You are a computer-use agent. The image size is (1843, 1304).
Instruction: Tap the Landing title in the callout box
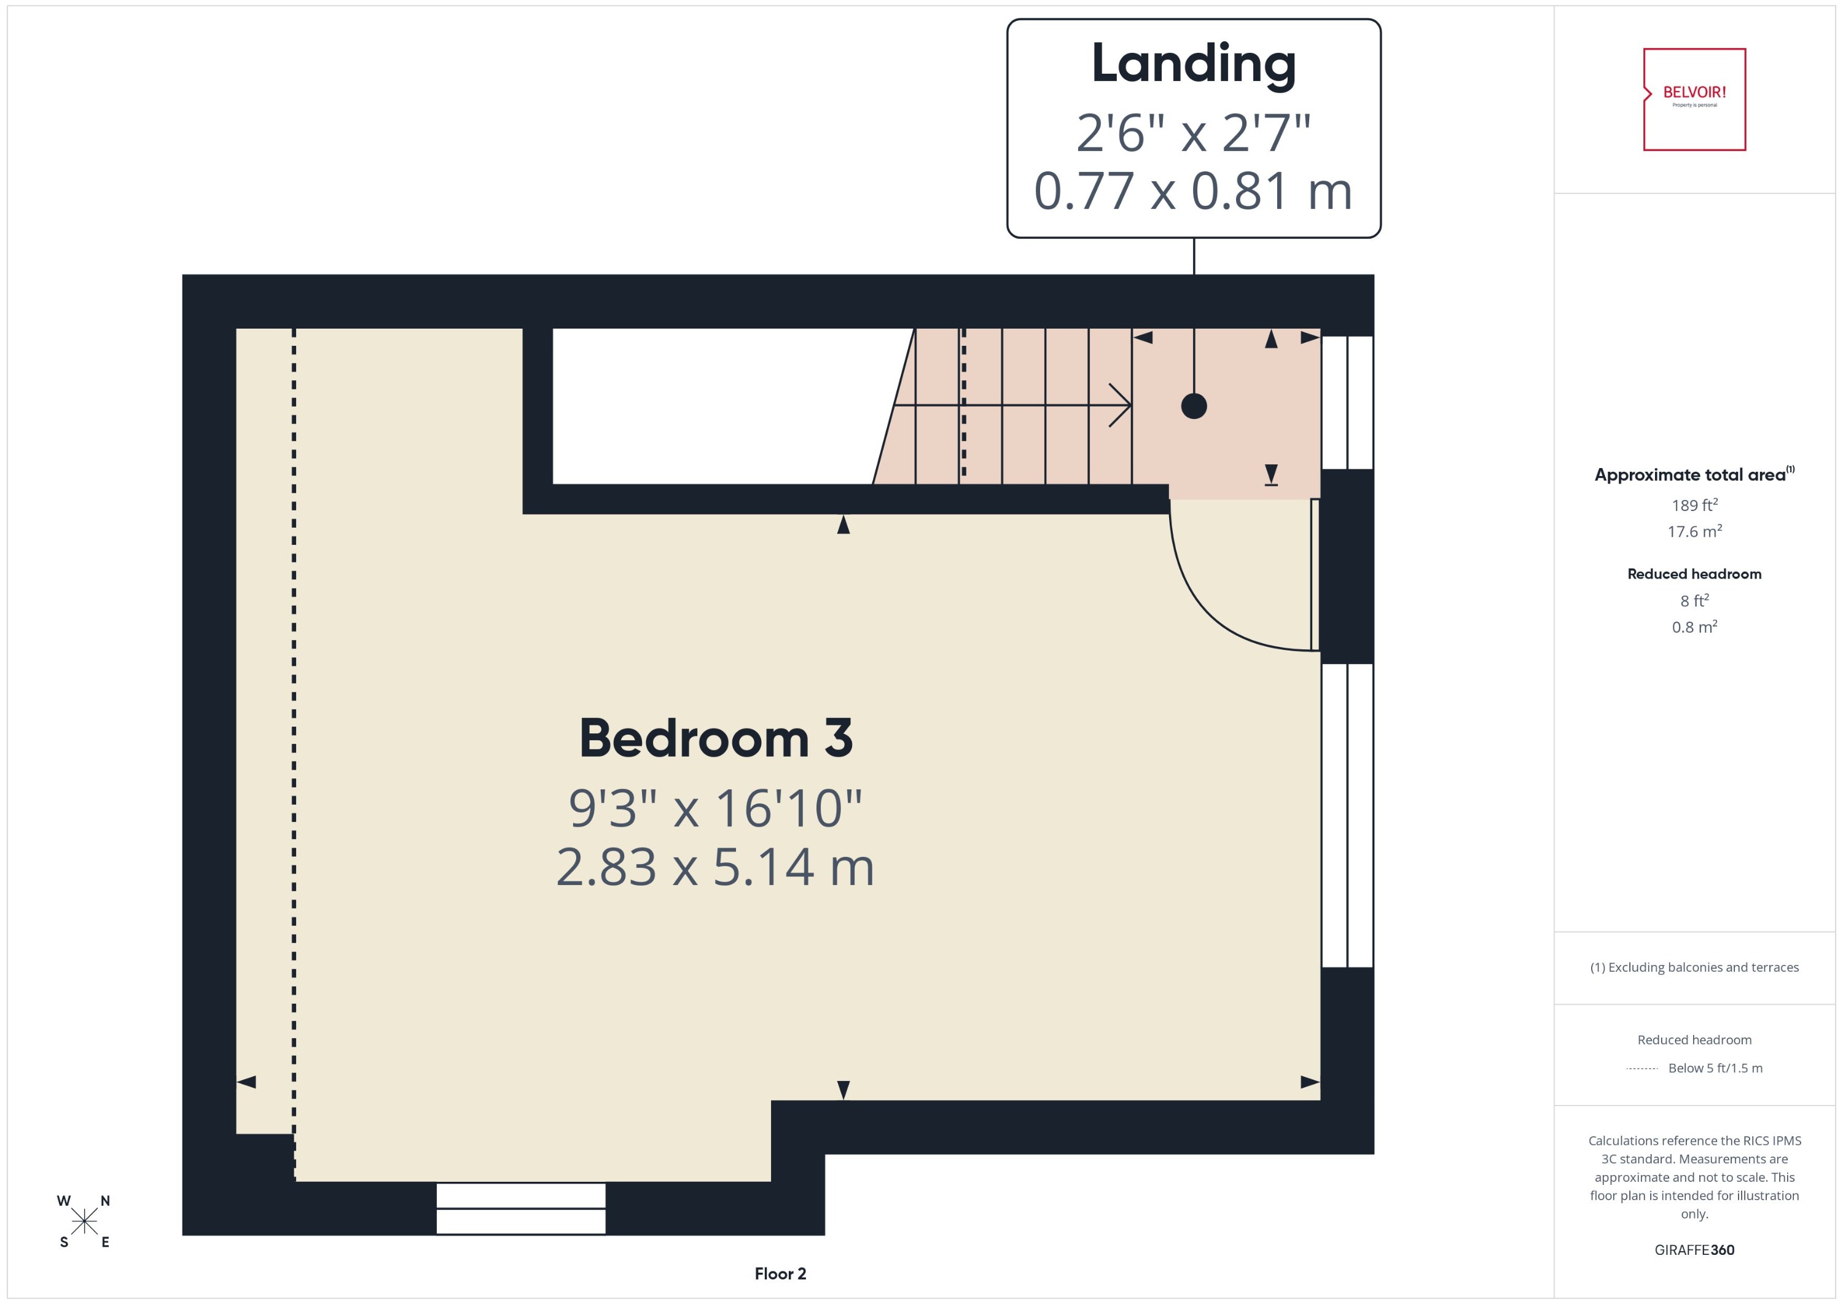coord(1192,64)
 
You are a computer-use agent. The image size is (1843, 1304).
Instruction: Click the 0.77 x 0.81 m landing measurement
coord(1192,191)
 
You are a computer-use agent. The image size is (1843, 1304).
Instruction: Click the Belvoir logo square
coord(1694,99)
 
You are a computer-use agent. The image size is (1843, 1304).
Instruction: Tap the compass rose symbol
coord(84,1221)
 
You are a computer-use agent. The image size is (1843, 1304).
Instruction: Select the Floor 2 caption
coord(780,1273)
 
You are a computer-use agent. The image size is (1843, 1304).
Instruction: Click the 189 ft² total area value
coord(1694,505)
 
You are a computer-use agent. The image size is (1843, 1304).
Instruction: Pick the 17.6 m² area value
coord(1694,531)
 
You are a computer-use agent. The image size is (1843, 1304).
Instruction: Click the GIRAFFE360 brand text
coord(1694,1249)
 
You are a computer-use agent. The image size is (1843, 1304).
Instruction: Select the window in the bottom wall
coord(520,1208)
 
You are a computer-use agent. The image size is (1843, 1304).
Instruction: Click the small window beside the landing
coord(1347,402)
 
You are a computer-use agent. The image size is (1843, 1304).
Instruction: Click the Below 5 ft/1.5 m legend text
coord(1715,1068)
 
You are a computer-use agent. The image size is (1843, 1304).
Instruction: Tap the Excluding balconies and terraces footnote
coord(1694,967)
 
